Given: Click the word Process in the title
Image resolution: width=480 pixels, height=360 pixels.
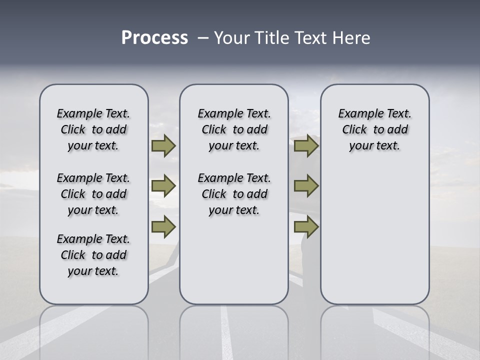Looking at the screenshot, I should tap(154, 38).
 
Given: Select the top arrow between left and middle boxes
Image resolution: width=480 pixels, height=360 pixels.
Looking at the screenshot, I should tap(163, 146).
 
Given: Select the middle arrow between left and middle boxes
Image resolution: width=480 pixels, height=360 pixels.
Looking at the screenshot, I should tap(163, 186).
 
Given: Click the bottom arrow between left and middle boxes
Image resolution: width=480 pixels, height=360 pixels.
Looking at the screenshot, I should tap(163, 227).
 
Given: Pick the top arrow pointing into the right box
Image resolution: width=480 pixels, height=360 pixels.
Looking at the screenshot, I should tap(306, 146).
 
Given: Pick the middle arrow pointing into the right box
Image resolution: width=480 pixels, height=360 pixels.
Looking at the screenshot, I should tap(306, 186).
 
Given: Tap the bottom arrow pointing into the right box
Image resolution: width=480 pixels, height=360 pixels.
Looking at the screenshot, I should tap(306, 227).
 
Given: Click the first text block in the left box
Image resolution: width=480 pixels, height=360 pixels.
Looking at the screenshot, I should tap(93, 129).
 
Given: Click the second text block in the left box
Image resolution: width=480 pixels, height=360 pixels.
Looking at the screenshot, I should tap(93, 194).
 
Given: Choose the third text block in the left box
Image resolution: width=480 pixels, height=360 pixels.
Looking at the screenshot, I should tap(93, 255).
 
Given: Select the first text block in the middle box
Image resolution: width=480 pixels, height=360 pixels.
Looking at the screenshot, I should tap(234, 129).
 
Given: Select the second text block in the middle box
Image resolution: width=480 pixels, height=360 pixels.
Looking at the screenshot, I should tap(234, 194).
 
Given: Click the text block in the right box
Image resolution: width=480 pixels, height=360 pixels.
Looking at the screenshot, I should tap(375, 129).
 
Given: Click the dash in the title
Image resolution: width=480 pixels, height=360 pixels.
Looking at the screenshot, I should tap(202, 38).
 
